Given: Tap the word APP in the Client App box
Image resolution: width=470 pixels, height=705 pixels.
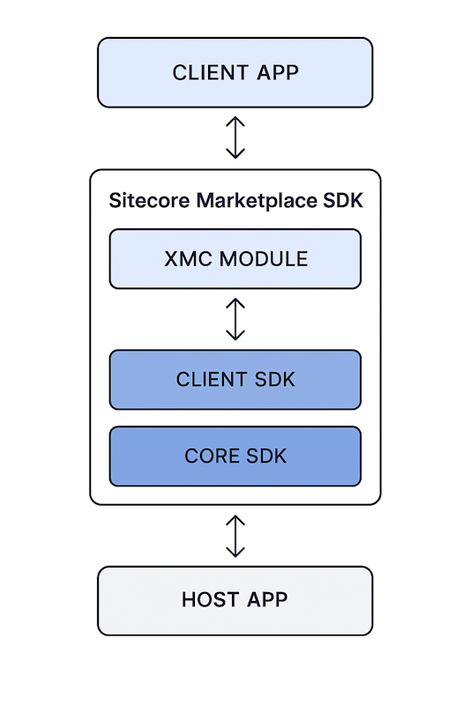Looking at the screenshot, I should [277, 72].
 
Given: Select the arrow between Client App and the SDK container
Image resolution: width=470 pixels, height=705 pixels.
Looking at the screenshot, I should [235, 137].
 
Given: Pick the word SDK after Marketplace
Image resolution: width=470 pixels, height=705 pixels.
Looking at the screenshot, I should [344, 201].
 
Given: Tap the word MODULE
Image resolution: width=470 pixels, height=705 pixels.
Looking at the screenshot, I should [264, 259].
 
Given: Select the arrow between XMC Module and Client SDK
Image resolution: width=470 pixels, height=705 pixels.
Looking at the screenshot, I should [235, 319].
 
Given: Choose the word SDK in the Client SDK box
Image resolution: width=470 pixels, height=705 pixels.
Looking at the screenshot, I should [274, 380].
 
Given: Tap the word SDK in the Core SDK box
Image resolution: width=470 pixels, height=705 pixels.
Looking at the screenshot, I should [267, 456].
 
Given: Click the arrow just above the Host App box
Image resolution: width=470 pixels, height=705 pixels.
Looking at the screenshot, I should [235, 536].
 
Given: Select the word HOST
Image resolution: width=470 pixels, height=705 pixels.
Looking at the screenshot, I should [211, 600].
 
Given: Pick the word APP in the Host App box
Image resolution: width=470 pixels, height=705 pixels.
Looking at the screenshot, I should [267, 600].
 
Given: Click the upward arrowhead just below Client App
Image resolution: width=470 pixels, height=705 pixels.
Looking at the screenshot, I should [235, 121].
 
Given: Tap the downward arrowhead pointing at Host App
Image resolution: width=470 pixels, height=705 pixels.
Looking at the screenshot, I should [235, 553].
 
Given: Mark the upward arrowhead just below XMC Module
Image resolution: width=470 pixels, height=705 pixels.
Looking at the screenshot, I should [235, 302].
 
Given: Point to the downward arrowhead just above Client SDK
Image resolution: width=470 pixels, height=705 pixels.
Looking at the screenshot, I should [235, 336].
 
